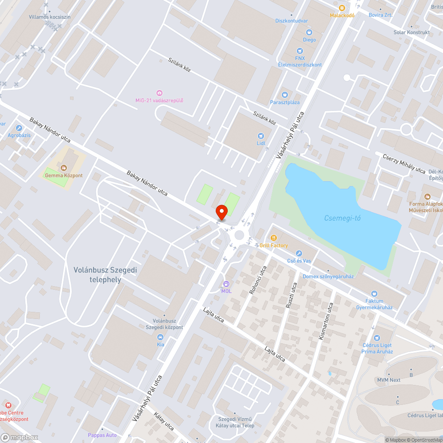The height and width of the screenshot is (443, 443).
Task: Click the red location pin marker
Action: tap(221, 213)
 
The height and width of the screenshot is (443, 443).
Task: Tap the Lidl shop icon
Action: tap(260, 136)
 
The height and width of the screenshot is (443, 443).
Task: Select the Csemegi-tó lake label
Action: tap(342, 218)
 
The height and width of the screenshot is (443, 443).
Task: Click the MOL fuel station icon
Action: tap(226, 284)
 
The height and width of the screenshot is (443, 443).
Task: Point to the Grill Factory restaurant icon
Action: tap(273, 238)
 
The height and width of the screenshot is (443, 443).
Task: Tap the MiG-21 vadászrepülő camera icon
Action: tap(159, 93)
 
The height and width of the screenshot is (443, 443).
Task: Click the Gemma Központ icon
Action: tap(64, 168)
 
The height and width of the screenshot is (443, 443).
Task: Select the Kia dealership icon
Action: tap(160, 337)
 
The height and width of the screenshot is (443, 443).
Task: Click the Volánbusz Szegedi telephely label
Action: tap(99, 275)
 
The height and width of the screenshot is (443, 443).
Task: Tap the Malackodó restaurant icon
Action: tap(342, 8)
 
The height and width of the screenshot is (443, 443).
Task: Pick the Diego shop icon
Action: tap(309, 32)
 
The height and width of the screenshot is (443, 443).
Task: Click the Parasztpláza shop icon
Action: tap(285, 95)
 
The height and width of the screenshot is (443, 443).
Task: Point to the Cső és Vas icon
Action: tap(299, 253)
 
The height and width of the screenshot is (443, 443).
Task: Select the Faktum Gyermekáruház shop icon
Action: tap(374, 293)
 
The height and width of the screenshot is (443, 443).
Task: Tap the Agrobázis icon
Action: tap(19, 128)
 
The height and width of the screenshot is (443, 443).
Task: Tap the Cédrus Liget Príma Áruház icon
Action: tap(377, 338)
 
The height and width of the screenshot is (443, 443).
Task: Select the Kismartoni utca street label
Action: tap(326, 321)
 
